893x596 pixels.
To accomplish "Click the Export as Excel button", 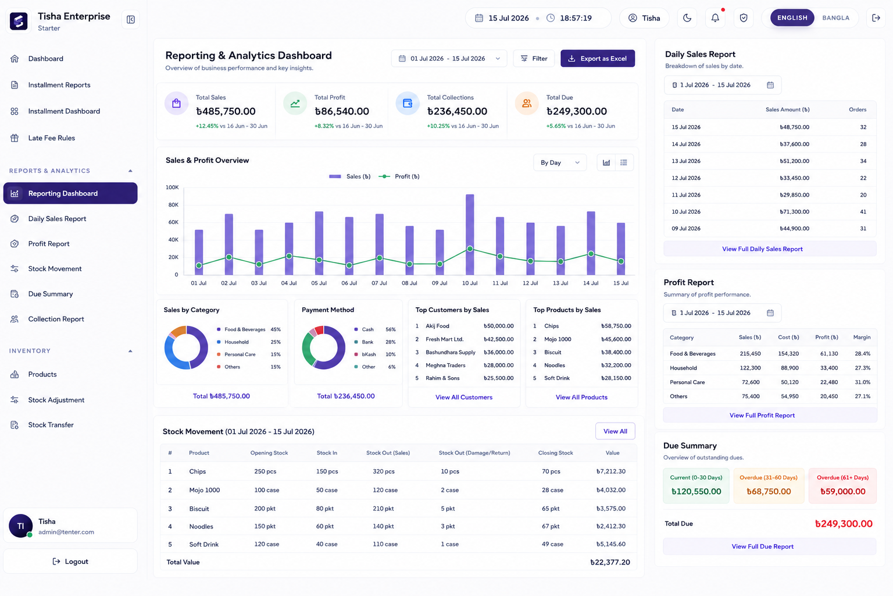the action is click(x=597, y=58).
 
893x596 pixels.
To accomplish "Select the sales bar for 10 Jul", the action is click(x=470, y=235).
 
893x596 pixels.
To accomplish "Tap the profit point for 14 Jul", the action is click(x=591, y=254).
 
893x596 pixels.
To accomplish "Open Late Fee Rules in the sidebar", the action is click(x=51, y=138).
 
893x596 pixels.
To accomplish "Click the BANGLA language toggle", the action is click(x=835, y=18).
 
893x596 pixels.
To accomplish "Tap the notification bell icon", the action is click(x=715, y=18).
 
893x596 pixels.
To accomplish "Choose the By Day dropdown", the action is click(x=560, y=162).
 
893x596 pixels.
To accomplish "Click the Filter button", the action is click(x=533, y=58).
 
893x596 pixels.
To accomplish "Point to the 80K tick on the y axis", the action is click(x=173, y=205).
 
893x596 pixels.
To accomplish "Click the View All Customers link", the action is click(x=463, y=397).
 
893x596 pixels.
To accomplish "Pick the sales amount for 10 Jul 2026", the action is click(x=794, y=212).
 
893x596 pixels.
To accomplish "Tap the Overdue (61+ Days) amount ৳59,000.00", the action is click(x=842, y=491).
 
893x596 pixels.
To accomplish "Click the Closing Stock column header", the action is click(x=555, y=453).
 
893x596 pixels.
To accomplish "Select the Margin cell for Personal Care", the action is click(x=862, y=382).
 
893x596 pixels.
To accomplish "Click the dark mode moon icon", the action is click(x=687, y=18).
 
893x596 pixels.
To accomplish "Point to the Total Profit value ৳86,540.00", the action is click(x=342, y=111).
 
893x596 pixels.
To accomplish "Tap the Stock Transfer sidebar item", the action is click(x=51, y=425).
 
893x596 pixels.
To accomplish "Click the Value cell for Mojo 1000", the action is click(x=611, y=490).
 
